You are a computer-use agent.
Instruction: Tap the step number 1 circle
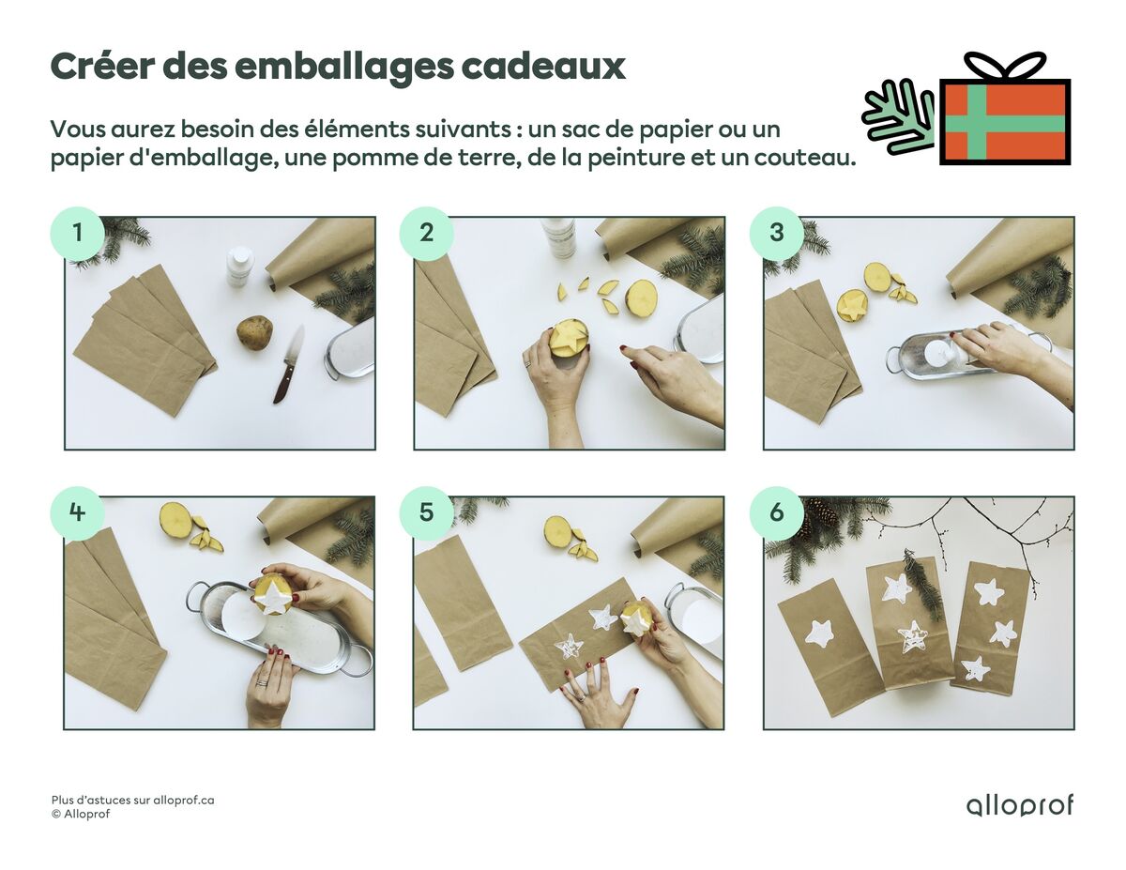pyautogui.click(x=76, y=233)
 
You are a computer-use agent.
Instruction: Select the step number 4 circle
pyautogui.click(x=76, y=512)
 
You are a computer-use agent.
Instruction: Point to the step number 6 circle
pyautogui.click(x=776, y=512)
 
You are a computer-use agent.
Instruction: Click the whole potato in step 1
pyautogui.click(x=254, y=331)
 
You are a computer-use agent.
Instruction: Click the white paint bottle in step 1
pyautogui.click(x=239, y=266)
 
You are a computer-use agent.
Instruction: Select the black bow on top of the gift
pyautogui.click(x=1005, y=67)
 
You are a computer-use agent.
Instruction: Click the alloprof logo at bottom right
pyautogui.click(x=1019, y=805)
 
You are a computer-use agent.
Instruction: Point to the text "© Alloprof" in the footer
pyautogui.click(x=81, y=815)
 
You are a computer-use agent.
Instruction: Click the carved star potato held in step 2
pyautogui.click(x=569, y=337)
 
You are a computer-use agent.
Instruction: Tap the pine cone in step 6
pyautogui.click(x=822, y=513)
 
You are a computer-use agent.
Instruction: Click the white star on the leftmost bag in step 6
pyautogui.click(x=819, y=633)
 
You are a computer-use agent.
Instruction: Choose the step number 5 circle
pyautogui.click(x=426, y=512)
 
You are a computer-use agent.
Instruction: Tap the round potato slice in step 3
pyautogui.click(x=877, y=276)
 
